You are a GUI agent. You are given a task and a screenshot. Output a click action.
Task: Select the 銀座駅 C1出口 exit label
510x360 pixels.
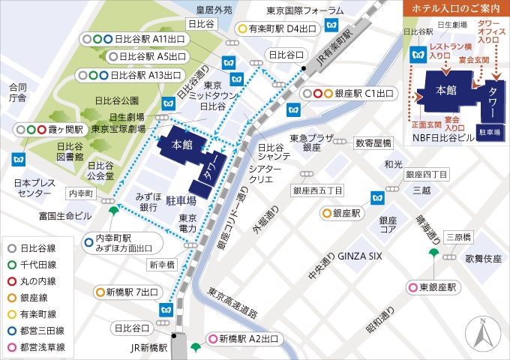click(x=348, y=94)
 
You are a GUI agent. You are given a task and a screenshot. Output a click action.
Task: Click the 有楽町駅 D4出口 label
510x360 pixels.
click(x=277, y=28)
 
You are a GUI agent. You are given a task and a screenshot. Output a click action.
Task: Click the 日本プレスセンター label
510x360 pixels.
click(x=25, y=188)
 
